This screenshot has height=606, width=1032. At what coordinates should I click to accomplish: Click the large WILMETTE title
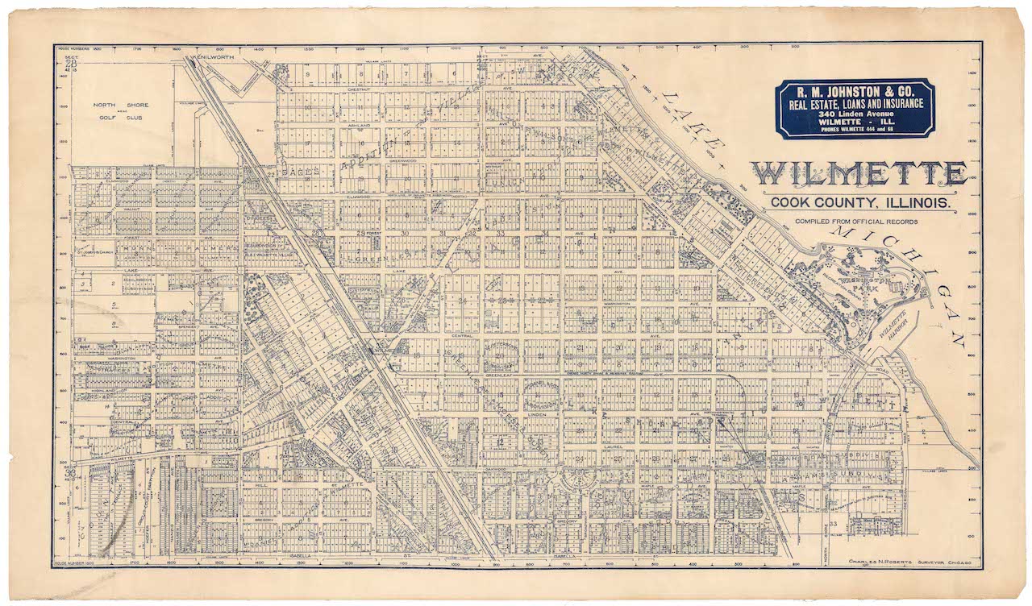[859, 174]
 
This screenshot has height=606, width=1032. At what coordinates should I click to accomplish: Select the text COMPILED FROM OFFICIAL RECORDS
[855, 221]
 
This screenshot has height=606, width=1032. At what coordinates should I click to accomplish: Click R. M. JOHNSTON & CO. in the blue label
[855, 90]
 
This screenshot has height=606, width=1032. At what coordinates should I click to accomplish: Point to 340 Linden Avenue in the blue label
[855, 114]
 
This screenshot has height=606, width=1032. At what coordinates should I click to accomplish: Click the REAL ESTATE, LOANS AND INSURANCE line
[855, 102]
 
